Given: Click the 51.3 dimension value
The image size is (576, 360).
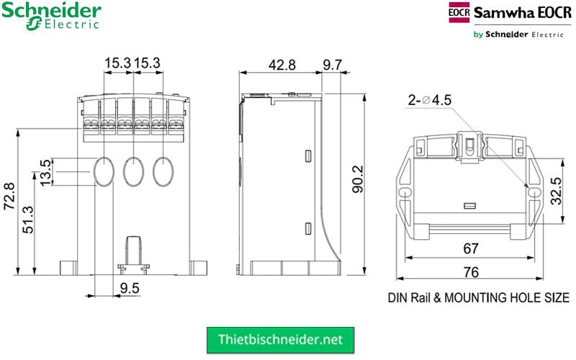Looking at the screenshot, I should (x=28, y=220).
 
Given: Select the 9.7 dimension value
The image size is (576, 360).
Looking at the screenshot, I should (x=332, y=65).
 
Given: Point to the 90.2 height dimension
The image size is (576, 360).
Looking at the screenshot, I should (x=358, y=180).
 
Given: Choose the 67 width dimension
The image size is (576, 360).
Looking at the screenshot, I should (x=471, y=249).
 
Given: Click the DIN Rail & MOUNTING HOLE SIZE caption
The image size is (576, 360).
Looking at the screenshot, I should (x=478, y=297).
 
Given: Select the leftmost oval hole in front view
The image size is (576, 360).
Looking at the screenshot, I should (x=104, y=171).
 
